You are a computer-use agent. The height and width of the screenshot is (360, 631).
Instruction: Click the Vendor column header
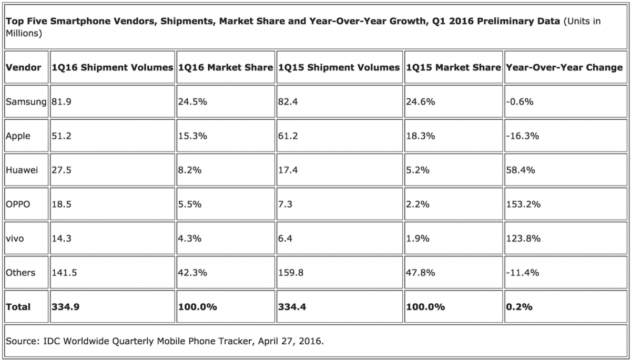click(23, 68)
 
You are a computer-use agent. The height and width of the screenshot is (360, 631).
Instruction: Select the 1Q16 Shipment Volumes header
click(112, 68)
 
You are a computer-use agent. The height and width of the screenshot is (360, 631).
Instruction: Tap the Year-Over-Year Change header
click(564, 68)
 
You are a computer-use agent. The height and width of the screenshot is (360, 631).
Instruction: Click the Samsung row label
click(26, 102)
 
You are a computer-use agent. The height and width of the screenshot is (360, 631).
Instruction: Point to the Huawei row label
click(22, 170)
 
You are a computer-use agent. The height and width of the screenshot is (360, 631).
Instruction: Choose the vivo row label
click(15, 239)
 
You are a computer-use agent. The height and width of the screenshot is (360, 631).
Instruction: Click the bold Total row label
click(18, 307)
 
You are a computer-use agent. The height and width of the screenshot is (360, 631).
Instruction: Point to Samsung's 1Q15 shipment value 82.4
click(287, 102)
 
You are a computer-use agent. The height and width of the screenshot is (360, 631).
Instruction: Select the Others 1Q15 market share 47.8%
click(420, 273)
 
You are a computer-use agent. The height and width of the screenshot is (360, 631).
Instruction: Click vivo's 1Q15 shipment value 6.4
click(284, 239)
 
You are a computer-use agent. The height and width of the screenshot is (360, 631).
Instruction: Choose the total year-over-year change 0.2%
click(518, 307)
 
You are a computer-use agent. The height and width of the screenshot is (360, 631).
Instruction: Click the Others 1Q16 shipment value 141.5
click(64, 273)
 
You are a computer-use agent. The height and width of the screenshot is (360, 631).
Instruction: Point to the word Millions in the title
click(24, 33)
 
